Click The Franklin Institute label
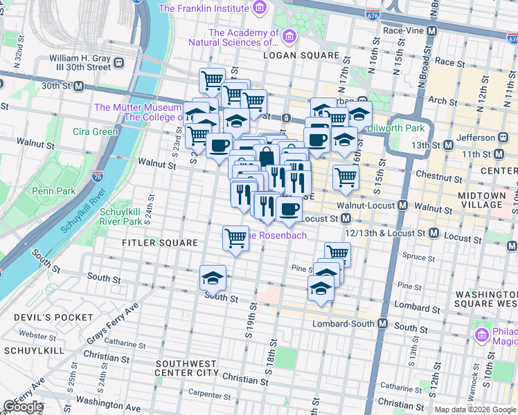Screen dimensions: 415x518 pyautogui.click(x=204, y=8)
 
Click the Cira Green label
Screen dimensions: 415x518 pyautogui.click(x=96, y=131)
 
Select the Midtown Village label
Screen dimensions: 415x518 pyautogui.click(x=481, y=200)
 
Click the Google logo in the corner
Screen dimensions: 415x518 pyautogui.click(x=23, y=407)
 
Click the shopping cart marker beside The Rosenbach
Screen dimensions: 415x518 pyautogui.click(x=236, y=238)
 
